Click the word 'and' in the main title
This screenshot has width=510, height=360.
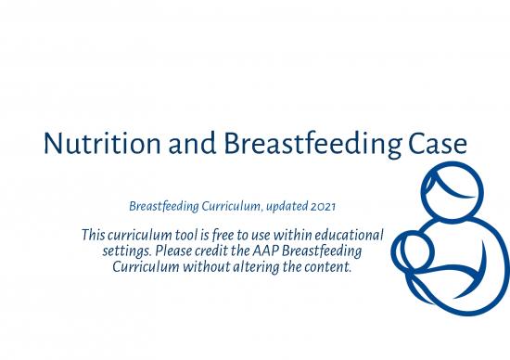click(x=189, y=146)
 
